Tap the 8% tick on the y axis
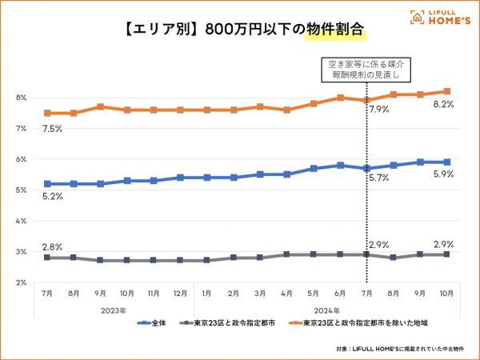click(x=22, y=98)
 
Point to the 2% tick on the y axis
click(x=22, y=282)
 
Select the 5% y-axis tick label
click(x=22, y=190)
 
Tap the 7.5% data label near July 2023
click(x=53, y=128)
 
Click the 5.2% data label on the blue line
click(x=53, y=197)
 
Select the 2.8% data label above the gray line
click(x=53, y=246)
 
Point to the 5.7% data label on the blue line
click(x=378, y=178)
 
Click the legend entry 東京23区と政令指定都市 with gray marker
click(x=229, y=323)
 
